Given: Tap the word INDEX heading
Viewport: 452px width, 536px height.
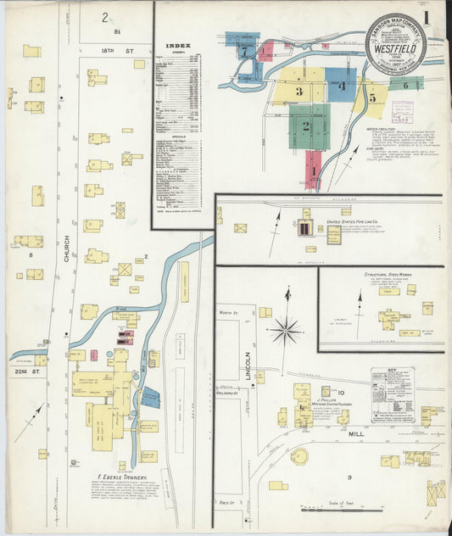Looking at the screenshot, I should point(179,46).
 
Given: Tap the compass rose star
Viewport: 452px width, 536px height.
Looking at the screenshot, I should point(286,330).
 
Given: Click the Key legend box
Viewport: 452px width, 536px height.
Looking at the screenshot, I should point(392,391).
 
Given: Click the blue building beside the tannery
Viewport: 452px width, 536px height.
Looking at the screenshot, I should point(151,396).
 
